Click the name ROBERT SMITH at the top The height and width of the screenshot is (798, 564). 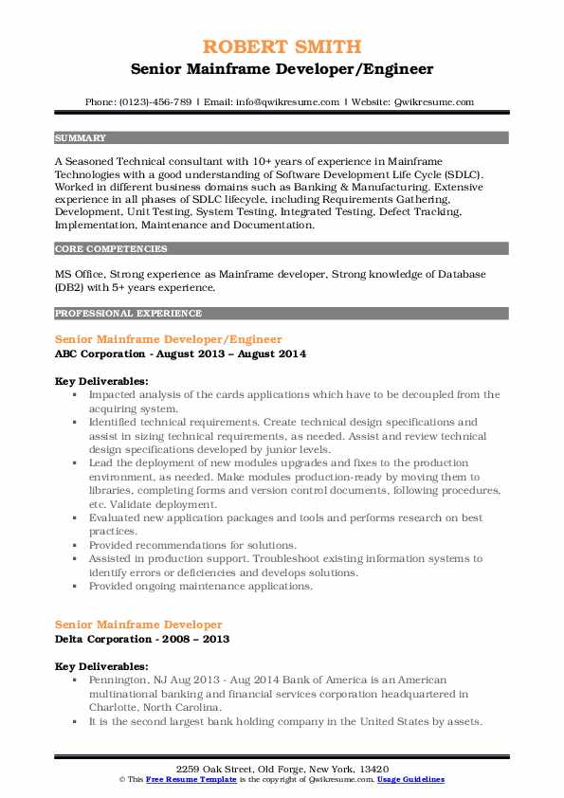pos(282,46)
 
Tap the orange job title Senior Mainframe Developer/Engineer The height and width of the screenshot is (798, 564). pos(169,338)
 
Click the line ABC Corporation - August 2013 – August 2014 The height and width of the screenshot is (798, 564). pos(180,354)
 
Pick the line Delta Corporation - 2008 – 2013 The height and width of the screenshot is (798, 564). pos(142,640)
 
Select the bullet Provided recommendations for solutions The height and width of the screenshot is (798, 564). pos(192,545)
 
